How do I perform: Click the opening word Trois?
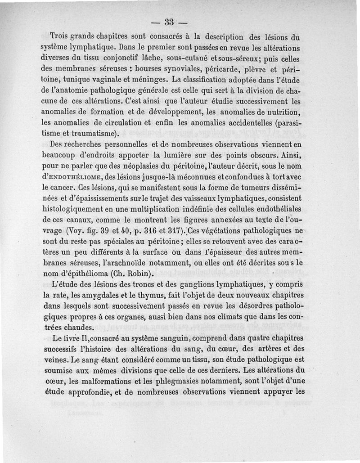(61, 37)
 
